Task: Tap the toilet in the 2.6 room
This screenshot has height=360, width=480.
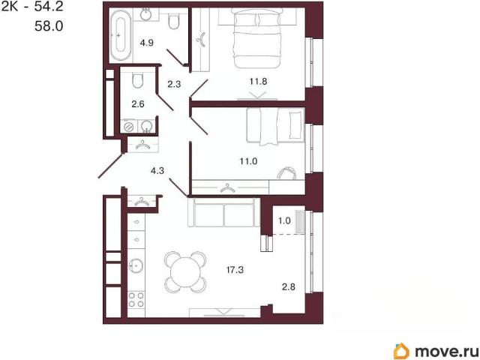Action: point(138,80)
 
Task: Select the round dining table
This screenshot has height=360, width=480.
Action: point(184,271)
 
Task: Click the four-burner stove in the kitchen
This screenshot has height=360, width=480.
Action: point(136,299)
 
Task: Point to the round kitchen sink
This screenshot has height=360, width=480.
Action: point(136,265)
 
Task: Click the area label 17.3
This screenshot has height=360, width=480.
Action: point(235,270)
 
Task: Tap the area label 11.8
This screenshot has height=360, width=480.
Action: point(258,82)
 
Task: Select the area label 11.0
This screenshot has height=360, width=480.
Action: point(248,161)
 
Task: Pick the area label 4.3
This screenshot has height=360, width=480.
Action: point(157,171)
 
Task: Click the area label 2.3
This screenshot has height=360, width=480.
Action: point(174,84)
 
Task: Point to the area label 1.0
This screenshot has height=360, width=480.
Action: point(284,220)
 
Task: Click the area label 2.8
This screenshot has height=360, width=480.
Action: point(288,286)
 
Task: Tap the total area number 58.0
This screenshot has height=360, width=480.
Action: point(49,26)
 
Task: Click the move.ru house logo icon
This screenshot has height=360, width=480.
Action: point(401,350)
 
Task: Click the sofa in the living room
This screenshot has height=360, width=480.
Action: point(224,212)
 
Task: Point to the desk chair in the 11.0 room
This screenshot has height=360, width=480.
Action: point(286,173)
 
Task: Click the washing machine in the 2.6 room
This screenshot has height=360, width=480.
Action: point(129,127)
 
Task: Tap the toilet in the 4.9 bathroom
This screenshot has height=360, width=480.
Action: point(174,22)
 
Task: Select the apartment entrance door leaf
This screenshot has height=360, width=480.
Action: point(111,166)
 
